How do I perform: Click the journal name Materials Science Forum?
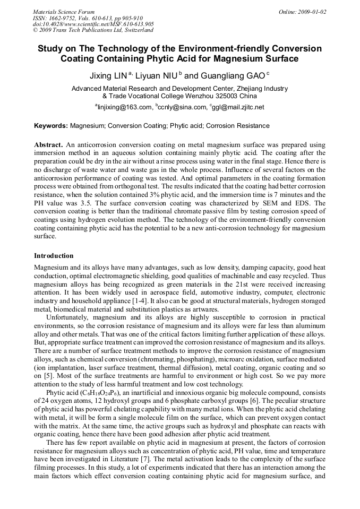[64, 12]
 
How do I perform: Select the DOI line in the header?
[93, 24]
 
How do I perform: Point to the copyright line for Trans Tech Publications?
[93, 30]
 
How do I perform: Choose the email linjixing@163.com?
[124, 107]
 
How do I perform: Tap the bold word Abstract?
[48, 144]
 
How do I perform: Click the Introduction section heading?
[54, 255]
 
